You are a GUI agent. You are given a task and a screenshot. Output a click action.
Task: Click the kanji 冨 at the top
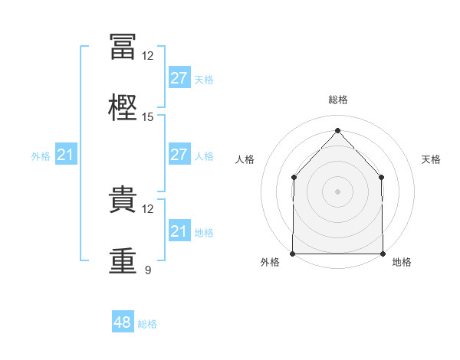pos(123,46)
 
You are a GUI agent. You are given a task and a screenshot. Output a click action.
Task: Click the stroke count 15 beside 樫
pos(148,117)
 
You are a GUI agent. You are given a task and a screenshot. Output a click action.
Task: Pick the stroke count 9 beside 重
pos(148,270)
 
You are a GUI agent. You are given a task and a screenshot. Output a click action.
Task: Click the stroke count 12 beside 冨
pos(148,56)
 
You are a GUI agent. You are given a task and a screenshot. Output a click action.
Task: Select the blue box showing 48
pos(123,323)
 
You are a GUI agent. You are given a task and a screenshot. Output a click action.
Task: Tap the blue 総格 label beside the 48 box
pos(147,324)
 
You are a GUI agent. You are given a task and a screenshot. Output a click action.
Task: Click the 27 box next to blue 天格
pos(179,78)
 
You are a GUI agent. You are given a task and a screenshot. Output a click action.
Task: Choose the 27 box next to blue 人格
pos(179,155)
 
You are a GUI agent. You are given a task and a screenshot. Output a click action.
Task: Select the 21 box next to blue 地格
pos(179,231)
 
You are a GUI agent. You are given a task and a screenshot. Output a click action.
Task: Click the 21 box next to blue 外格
pos(66,155)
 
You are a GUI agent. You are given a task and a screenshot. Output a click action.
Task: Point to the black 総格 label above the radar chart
pos(337,100)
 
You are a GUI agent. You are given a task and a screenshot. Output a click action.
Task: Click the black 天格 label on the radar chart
pos(432,159)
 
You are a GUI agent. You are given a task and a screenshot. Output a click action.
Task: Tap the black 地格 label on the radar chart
pos(402,263)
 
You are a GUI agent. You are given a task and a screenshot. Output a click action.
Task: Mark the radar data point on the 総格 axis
pos(337,130)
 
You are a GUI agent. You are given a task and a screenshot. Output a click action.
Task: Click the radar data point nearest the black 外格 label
pos(293,254)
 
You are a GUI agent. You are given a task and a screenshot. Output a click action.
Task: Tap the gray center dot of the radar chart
pos(337,191)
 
